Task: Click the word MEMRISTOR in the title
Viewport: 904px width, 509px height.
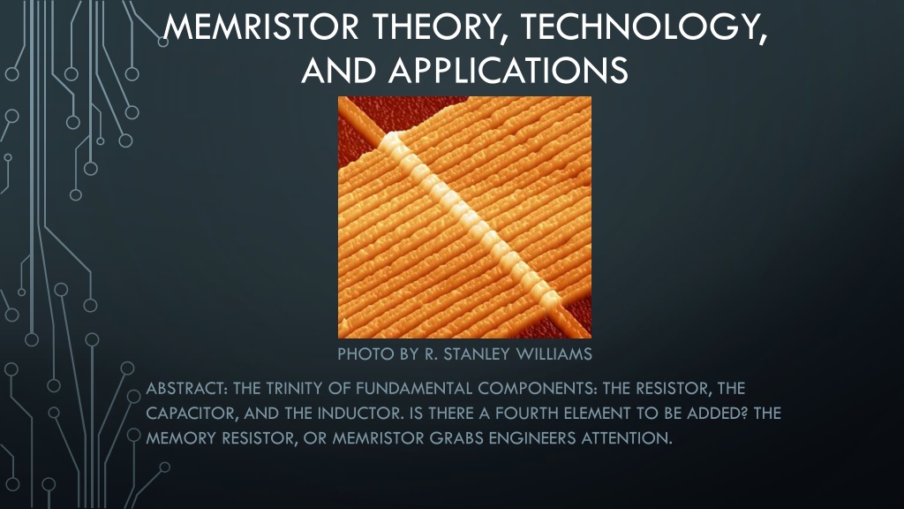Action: (x=261, y=27)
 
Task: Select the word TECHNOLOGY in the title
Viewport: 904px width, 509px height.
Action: (x=644, y=27)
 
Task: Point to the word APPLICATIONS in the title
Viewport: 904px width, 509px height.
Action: (x=508, y=71)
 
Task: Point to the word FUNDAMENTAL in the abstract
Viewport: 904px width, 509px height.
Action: (x=413, y=388)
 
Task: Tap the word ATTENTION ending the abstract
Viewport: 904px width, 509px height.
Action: (x=627, y=438)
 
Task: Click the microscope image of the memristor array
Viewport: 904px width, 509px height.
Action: (x=464, y=217)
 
